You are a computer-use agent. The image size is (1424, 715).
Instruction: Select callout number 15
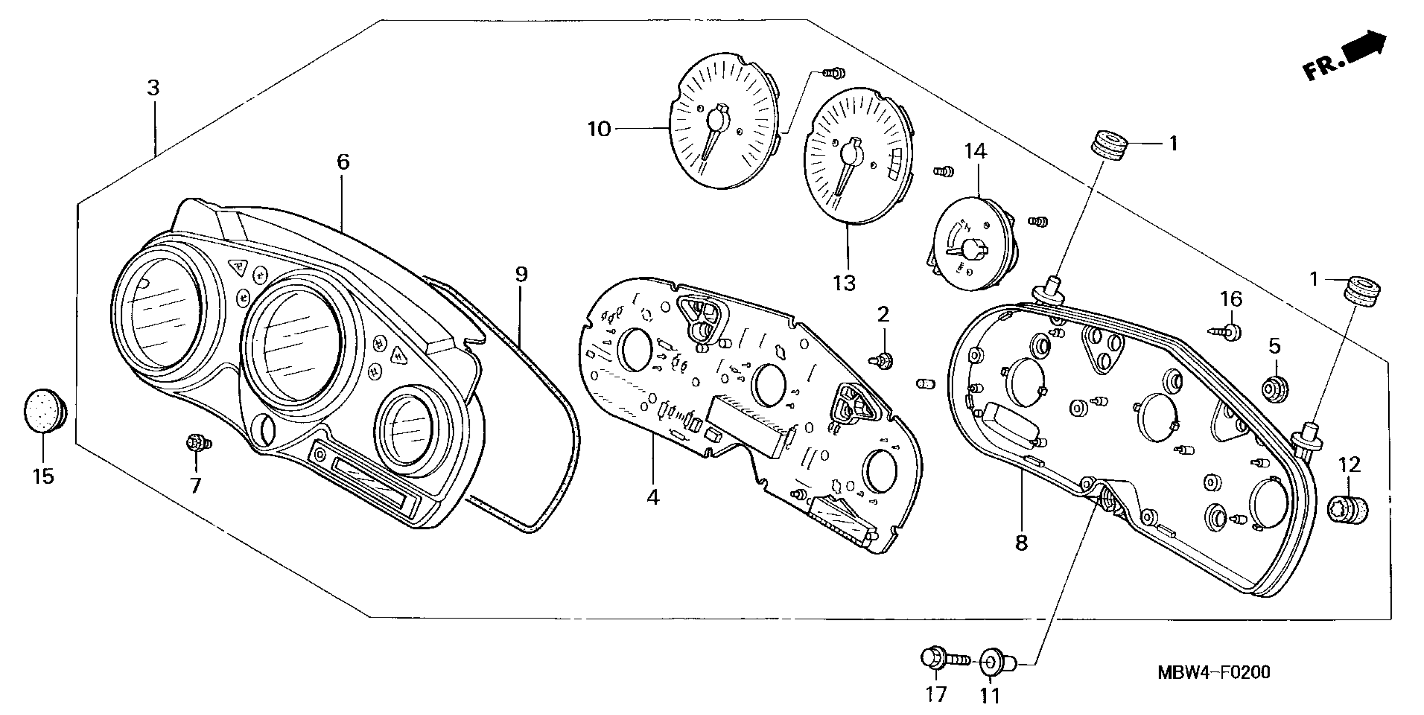tap(43, 476)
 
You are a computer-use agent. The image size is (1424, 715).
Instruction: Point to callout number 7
tap(195, 486)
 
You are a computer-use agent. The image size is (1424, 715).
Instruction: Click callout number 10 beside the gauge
tap(599, 129)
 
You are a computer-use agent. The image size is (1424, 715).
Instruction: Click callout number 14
tap(976, 151)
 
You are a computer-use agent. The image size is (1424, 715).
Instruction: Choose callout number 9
tap(521, 274)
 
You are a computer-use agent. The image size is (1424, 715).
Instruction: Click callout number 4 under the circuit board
tap(653, 497)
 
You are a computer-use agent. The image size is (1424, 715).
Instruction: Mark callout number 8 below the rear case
tap(1021, 543)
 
